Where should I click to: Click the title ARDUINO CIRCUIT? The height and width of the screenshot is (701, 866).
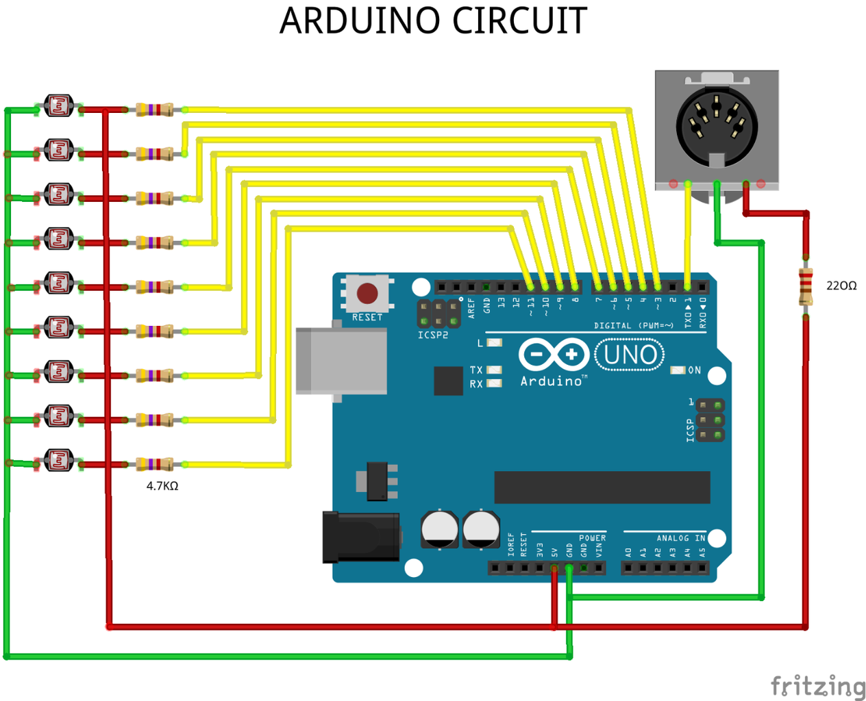[433, 21]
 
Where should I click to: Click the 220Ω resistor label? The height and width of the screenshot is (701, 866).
[841, 285]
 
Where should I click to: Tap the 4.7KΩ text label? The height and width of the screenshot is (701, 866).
[162, 486]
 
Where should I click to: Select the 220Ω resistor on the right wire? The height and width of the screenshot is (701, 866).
[806, 287]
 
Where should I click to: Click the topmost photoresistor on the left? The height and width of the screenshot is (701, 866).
[59, 106]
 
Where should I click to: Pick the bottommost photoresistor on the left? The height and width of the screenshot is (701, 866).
[59, 460]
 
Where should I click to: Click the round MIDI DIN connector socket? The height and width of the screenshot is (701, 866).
[717, 126]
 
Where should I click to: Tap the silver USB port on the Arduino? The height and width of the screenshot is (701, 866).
[341, 361]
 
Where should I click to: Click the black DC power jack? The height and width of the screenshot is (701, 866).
[361, 537]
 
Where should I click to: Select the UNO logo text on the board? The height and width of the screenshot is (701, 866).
[630, 355]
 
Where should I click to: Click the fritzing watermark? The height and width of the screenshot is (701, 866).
[817, 686]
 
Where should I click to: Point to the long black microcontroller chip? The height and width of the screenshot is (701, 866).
[602, 487]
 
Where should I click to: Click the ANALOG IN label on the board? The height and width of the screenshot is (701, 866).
[680, 538]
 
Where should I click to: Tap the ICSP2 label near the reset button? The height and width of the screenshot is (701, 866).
[433, 335]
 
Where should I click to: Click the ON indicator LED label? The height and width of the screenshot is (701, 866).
[694, 370]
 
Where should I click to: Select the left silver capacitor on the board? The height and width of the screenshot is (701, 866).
[439, 528]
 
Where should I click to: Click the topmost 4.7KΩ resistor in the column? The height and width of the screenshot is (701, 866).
[155, 110]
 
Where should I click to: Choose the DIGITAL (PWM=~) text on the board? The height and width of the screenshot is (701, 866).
[633, 326]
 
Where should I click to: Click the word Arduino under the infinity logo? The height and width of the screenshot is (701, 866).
[551, 381]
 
